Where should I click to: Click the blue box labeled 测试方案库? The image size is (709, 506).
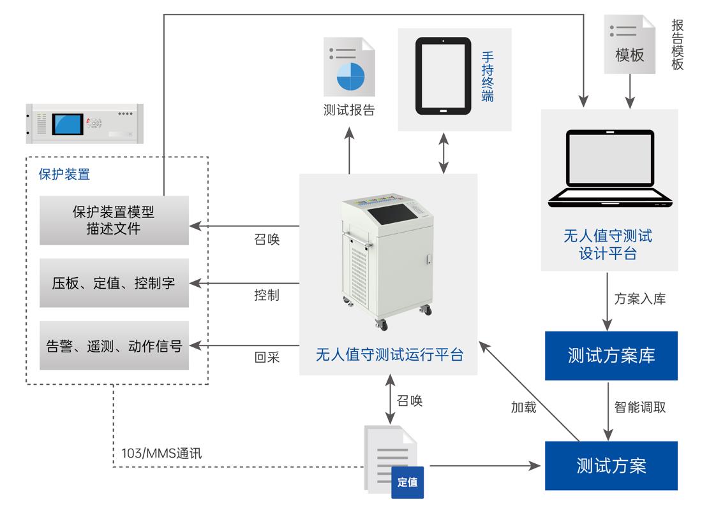611,355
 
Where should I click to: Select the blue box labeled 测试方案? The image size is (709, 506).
611,465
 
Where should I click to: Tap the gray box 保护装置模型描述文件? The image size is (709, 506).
114,220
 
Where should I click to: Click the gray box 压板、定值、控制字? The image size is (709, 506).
114,283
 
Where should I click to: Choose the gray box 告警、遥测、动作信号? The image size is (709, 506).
114,345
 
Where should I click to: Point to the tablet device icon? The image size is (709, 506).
443,76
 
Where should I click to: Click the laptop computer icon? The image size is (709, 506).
610,169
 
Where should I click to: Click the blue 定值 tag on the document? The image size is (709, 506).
407,482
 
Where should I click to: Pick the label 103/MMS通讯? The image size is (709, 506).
161,454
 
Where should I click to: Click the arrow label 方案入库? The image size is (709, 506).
639,298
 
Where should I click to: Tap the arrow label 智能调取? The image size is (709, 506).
639,407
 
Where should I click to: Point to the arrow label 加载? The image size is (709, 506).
523,407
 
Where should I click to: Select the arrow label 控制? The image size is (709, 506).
266,296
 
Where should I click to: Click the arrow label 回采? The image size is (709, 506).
267,358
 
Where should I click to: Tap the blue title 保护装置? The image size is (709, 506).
64,174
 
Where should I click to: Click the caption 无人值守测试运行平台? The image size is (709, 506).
389,354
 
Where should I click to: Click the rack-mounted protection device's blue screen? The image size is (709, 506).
68,123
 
